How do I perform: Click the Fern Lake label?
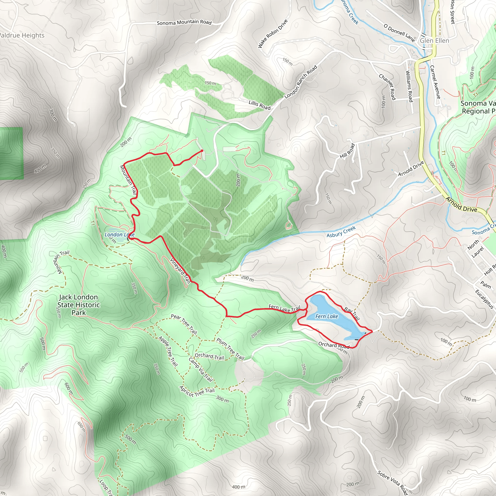[326, 316]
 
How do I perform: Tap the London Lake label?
[119, 234]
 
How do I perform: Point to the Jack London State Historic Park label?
[78, 305]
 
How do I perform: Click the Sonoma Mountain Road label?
[184, 22]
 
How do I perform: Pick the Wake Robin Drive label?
[273, 34]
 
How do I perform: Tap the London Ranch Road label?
[301, 82]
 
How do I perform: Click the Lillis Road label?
[260, 105]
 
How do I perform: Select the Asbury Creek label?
[341, 231]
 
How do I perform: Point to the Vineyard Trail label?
[180, 271]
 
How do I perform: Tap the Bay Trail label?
[352, 313]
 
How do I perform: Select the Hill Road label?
[347, 151]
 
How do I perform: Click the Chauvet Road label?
[387, 87]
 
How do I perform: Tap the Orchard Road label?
[333, 345]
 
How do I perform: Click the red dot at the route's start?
[202, 151]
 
